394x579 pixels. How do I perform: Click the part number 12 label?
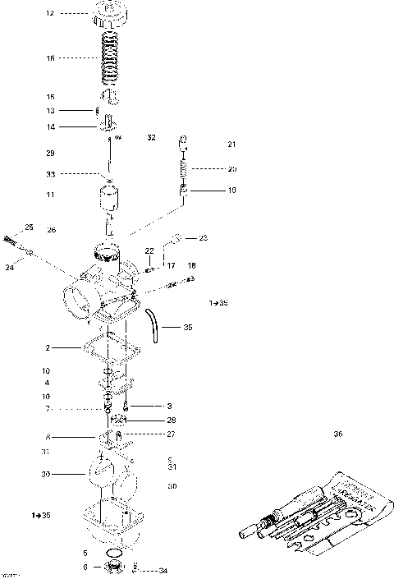49,14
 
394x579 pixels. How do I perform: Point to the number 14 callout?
50,126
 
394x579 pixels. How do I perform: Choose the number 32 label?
150,137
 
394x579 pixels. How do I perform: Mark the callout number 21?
231,145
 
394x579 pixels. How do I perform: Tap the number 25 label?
29,227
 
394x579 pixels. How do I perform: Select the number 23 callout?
203,237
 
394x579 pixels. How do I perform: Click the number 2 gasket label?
48,348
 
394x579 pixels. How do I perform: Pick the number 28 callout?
172,420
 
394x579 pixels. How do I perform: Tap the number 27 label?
172,434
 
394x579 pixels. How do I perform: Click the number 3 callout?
168,406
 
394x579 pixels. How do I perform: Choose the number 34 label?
163,570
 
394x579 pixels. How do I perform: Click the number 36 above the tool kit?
337,434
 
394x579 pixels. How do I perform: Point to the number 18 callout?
191,266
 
